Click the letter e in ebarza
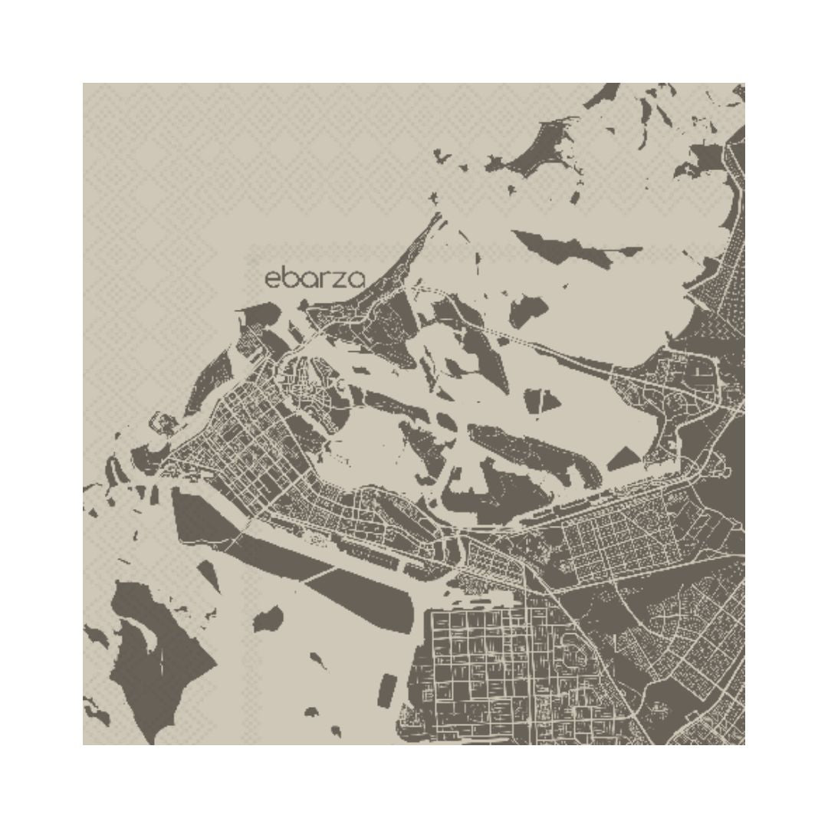pyautogui.click(x=272, y=280)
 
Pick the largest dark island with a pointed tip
pyautogui.click(x=153, y=652)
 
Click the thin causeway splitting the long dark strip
pyautogui.click(x=322, y=572)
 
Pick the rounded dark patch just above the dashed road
pyautogui.click(x=529, y=310)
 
